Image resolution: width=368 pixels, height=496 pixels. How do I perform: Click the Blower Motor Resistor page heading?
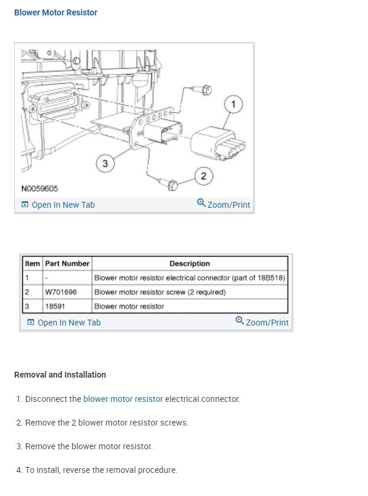pos(56,12)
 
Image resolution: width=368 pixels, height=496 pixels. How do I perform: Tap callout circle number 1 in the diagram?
pos(233,105)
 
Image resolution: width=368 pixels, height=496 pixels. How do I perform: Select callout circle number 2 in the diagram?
pos(204,176)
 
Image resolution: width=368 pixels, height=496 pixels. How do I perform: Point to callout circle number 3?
pos(105,164)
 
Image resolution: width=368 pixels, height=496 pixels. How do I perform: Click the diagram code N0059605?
pos(40,189)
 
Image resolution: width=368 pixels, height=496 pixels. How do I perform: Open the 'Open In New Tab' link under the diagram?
pos(58,205)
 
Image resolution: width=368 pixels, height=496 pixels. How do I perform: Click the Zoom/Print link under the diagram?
pos(224,205)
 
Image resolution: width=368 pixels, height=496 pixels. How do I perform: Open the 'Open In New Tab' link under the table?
pos(64,323)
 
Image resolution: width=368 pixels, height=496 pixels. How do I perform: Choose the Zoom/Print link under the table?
pos(262,323)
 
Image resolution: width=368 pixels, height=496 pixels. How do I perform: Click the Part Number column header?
pos(67,263)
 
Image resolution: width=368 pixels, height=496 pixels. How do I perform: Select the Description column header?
pos(189,263)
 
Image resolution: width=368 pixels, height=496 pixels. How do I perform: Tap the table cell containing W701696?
pos(61,292)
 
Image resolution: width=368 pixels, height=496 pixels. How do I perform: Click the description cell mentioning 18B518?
pos(189,278)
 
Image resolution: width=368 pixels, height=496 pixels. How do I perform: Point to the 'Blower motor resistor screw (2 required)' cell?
pos(160,292)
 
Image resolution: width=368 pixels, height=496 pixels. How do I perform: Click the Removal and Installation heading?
pos(60,375)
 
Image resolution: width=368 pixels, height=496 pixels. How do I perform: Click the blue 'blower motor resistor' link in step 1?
pos(123,399)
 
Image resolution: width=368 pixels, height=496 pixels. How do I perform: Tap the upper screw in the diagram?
pos(205,91)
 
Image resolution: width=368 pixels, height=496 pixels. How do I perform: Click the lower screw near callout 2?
pos(172,185)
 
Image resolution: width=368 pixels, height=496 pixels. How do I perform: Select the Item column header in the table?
pos(33,263)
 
